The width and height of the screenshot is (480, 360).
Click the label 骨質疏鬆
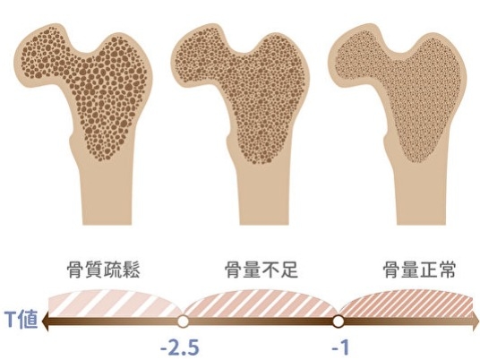[x=104, y=270]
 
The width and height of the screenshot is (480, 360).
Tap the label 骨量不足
[x=261, y=270]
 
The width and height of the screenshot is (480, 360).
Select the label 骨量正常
[x=419, y=270]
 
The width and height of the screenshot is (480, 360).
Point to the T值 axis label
[x=21, y=320]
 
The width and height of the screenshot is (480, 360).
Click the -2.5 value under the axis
[x=180, y=347]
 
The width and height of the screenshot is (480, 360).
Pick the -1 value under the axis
[x=340, y=347]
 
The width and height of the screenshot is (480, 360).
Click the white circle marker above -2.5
[x=183, y=321]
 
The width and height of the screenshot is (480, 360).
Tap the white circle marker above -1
[x=338, y=321]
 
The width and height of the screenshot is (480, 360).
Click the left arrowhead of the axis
[x=46, y=321]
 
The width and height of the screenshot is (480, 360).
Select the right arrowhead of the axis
[x=476, y=321]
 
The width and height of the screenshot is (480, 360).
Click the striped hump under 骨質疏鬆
[x=115, y=303]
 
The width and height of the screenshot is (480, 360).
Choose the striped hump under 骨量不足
[x=261, y=303]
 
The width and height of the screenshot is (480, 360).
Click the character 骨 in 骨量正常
[x=391, y=270]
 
